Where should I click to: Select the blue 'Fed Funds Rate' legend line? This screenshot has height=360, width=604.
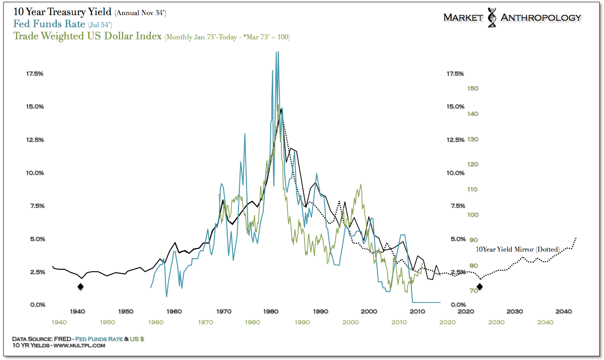tap(49, 24)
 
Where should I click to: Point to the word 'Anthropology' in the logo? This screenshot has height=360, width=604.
tap(541, 18)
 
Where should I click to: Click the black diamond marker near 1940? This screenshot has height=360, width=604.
tap(80, 287)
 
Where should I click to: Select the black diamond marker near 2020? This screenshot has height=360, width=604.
tap(479, 287)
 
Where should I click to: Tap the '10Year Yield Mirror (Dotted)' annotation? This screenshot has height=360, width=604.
tap(518, 250)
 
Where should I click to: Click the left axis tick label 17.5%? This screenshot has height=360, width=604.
tap(35, 74)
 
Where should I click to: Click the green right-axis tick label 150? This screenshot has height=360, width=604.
tap(473, 89)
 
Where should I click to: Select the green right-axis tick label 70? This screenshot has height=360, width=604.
tap(473, 291)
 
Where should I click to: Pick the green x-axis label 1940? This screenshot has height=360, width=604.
tap(59, 322)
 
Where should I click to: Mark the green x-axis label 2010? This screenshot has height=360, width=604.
tap(399, 322)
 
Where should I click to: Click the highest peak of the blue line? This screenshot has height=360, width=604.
tap(277, 52)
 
